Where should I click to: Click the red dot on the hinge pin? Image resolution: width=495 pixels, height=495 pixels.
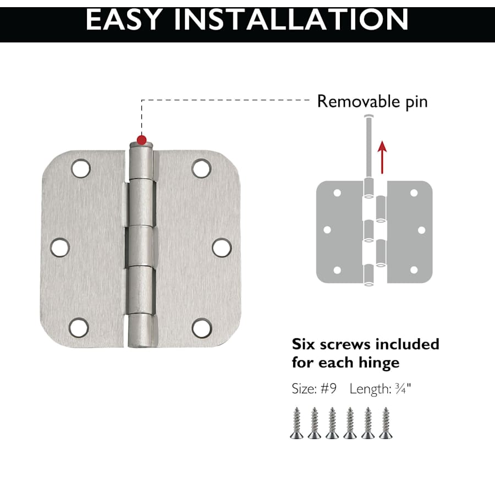tap(142, 140)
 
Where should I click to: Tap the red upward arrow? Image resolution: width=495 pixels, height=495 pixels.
tap(382, 157)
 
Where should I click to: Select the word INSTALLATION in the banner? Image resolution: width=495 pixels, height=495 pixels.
tap(291, 20)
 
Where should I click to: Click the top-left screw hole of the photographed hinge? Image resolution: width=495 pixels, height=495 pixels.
tap(81, 168)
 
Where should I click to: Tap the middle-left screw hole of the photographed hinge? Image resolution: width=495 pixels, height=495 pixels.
tap(59, 248)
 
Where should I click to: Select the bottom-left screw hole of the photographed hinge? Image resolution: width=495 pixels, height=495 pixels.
tap(79, 328)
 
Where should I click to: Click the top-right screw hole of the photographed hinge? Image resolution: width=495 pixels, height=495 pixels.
tap(201, 168)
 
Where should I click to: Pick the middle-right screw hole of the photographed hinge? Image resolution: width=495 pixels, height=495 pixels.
tap(222, 248)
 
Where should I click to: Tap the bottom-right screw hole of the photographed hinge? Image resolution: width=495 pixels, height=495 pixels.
tap(202, 328)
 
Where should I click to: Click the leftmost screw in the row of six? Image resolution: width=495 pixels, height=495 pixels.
tap(297, 423)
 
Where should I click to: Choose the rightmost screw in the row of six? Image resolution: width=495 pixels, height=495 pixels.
tap(386, 423)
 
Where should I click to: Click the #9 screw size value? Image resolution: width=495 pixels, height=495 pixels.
tap(329, 389)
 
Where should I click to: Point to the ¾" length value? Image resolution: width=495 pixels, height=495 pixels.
tap(403, 389)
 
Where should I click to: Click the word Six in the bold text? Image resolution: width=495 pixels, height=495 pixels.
tap(303, 344)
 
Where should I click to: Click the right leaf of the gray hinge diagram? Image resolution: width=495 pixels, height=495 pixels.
tap(409, 232)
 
